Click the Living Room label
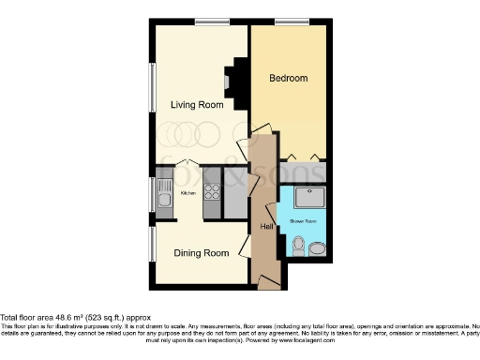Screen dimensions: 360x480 [x=197, y=105]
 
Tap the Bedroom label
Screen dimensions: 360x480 [x=289, y=78]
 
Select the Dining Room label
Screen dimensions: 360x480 [x=202, y=253]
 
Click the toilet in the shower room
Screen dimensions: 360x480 [x=299, y=247]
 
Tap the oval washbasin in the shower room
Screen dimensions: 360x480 [x=318, y=248]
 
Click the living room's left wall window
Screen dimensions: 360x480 [x=152, y=92]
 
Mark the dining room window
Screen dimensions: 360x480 [x=152, y=248]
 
